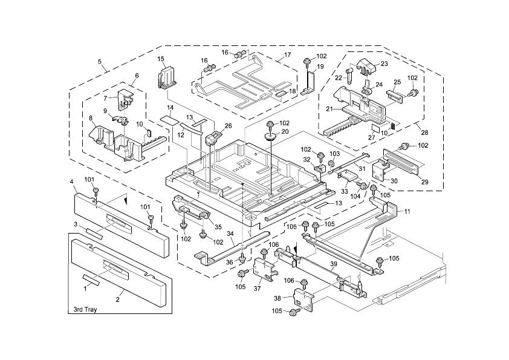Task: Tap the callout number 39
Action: [x=333, y=264]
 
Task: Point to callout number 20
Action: [x=285, y=131]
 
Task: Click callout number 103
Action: [x=334, y=154]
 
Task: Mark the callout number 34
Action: [x=230, y=233]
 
